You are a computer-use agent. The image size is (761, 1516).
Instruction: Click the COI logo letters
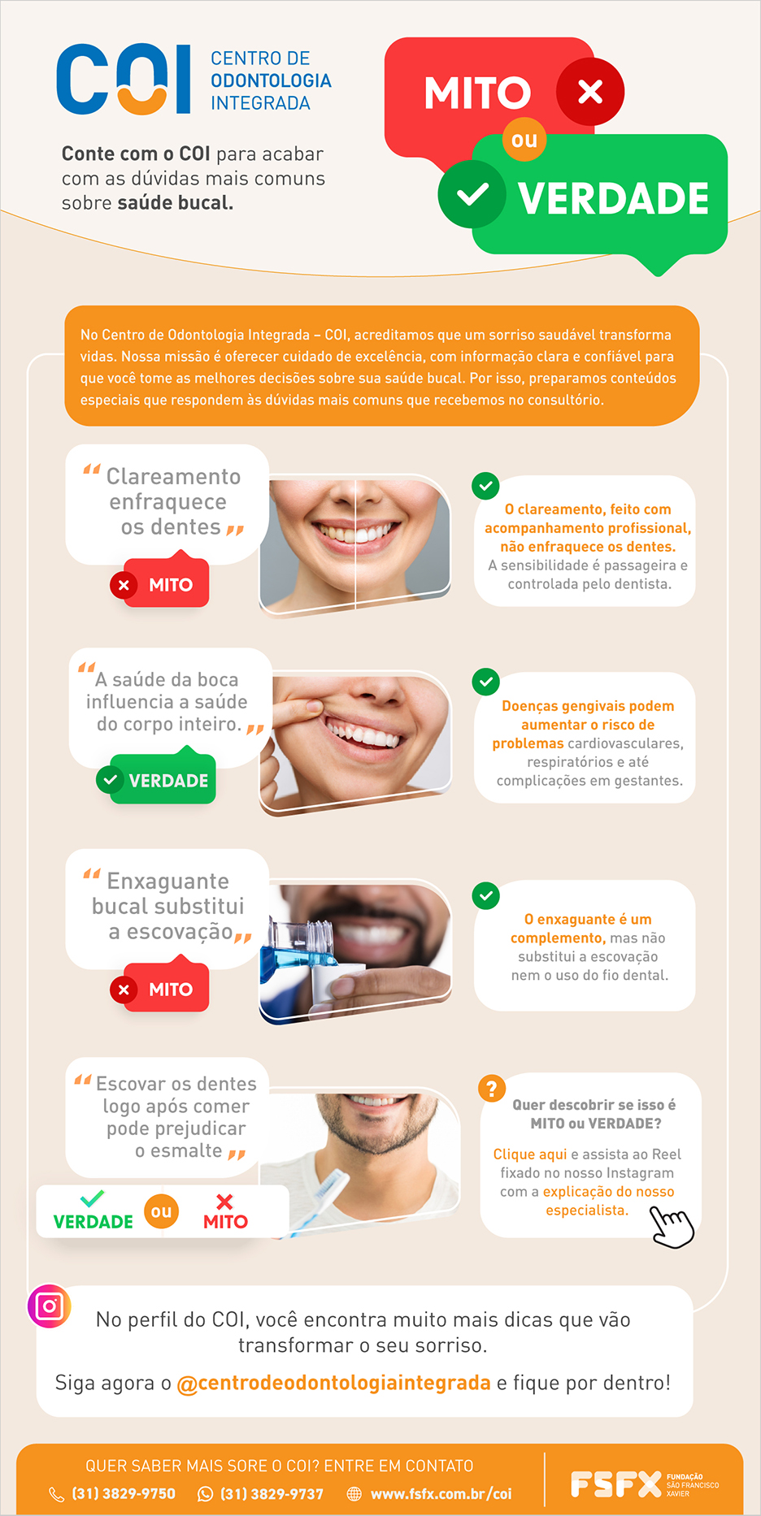point(124,80)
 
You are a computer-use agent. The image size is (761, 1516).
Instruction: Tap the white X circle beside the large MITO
point(590,92)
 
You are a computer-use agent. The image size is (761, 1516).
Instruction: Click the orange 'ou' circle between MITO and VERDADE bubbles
point(524,140)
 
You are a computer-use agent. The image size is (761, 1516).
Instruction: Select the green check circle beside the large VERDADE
point(472,194)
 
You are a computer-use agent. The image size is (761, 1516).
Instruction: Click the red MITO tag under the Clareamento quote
point(159,584)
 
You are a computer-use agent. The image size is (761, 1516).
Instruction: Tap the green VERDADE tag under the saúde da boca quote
point(156,780)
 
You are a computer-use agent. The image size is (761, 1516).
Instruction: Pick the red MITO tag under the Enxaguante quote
point(159,989)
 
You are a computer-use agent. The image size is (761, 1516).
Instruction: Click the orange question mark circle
point(492,1088)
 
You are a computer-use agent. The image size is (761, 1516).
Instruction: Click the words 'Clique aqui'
point(530,1154)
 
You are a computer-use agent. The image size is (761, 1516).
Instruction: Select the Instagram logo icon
point(50,1306)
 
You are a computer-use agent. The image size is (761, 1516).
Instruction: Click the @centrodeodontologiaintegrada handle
point(333,1383)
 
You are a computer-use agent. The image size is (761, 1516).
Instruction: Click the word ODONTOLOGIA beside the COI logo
point(271,80)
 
